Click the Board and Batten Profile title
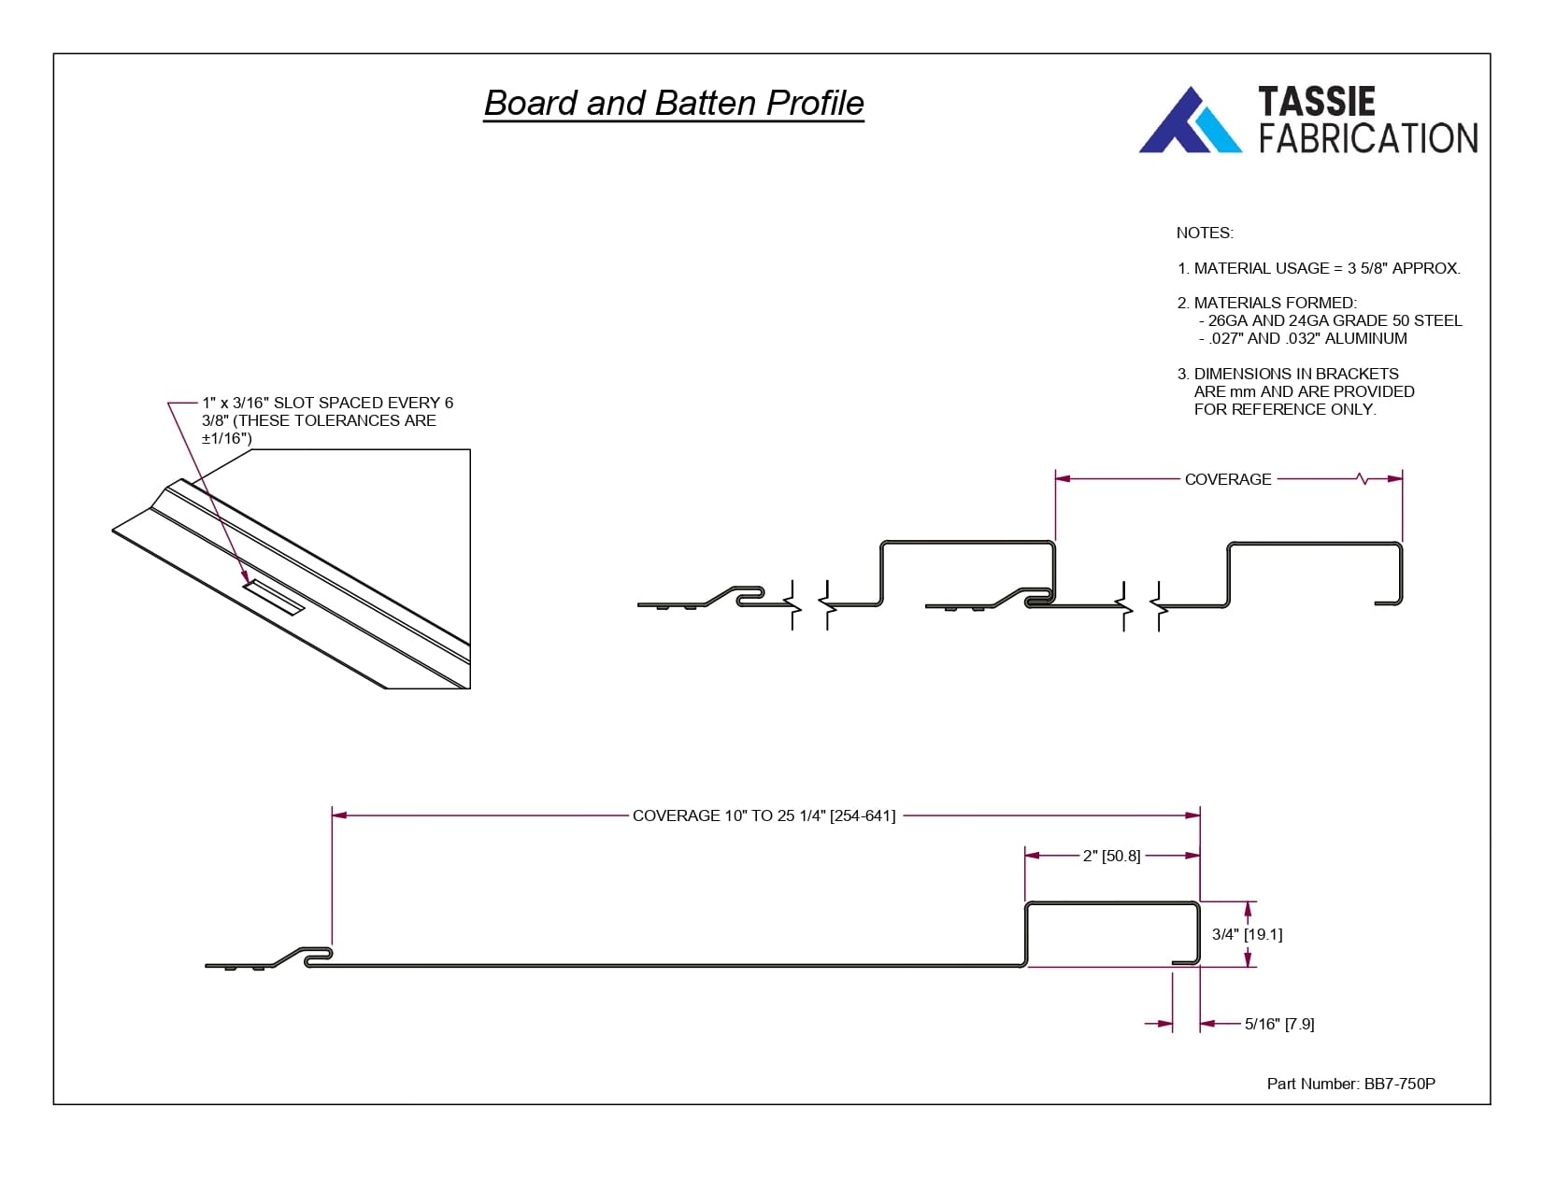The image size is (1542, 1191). (674, 103)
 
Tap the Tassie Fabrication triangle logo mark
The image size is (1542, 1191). (1190, 121)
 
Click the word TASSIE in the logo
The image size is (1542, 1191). (1316, 101)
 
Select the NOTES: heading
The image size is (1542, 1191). (1205, 233)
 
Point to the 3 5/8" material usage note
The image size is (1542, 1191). (1319, 268)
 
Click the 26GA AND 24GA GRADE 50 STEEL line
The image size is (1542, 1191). (1334, 320)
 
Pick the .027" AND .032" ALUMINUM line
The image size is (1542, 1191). (1306, 338)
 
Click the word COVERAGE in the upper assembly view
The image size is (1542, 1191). (1227, 479)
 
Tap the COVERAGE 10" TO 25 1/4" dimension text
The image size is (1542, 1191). (764, 815)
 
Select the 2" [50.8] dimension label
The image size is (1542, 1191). (1111, 856)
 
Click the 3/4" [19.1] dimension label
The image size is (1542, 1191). (1247, 934)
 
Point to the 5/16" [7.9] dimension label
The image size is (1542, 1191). (1279, 1024)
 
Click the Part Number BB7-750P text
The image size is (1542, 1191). (1350, 1084)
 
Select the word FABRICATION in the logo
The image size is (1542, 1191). (1367, 138)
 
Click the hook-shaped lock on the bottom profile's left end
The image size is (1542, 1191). (317, 955)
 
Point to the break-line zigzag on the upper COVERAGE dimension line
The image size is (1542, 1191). (1363, 479)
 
